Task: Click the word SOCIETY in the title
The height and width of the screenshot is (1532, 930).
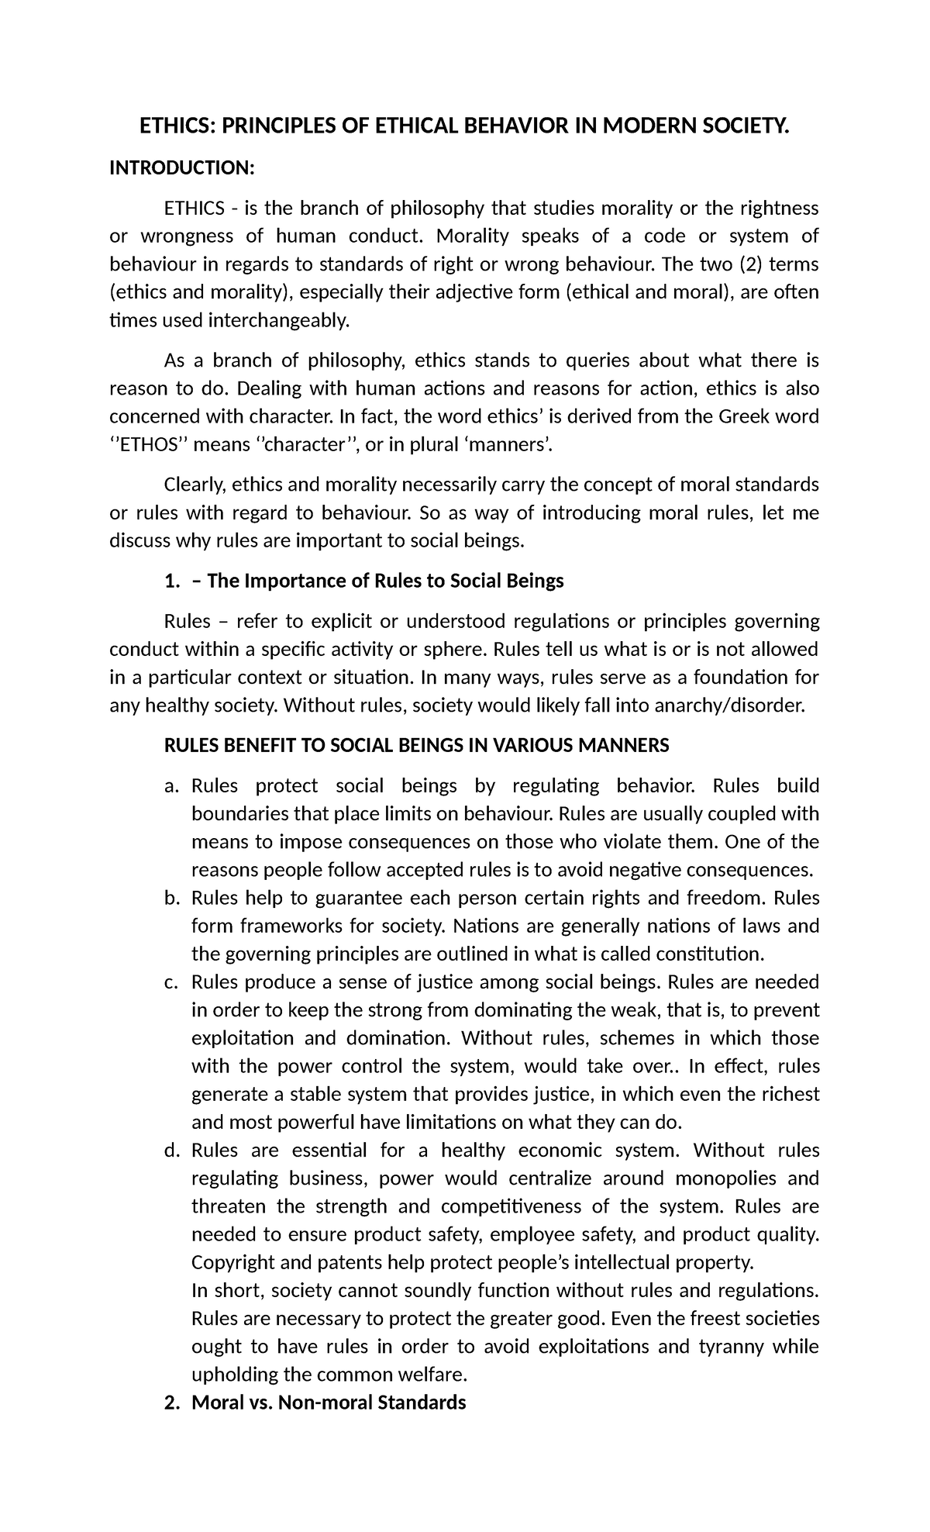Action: (x=735, y=127)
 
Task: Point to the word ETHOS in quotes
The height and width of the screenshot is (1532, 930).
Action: (x=150, y=445)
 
